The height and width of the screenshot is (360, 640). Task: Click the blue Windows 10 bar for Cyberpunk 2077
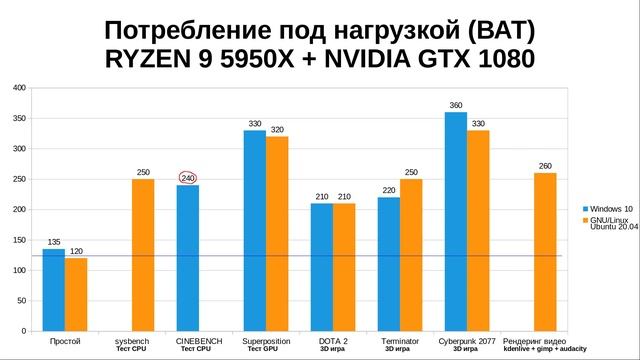coord(455,221)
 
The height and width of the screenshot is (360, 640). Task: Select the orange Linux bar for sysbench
coord(143,254)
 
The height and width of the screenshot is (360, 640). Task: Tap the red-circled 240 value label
coord(188,177)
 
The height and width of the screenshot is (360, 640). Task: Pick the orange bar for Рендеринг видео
coord(545,251)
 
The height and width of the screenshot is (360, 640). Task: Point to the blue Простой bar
coord(54,289)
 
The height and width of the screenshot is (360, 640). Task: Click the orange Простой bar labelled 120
coord(76,294)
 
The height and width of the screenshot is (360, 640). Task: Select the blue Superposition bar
coord(255,230)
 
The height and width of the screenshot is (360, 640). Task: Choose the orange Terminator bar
coord(411,254)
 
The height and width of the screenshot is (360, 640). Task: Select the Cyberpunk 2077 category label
coord(465,340)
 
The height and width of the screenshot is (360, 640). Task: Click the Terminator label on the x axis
coord(400,340)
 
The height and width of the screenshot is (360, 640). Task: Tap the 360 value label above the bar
coord(455,105)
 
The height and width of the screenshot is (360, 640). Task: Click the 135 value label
coord(54,241)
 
